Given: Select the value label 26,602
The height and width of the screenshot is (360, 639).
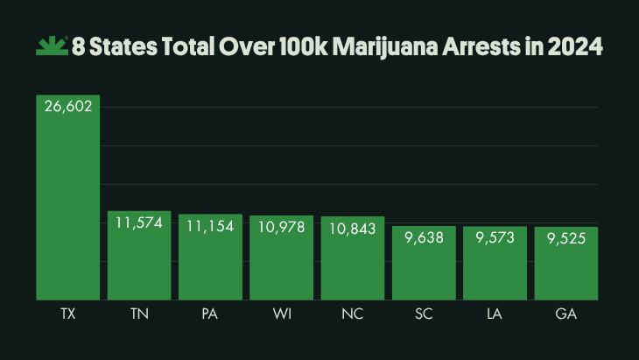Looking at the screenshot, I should tap(67, 106).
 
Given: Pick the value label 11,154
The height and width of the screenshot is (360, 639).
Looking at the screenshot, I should tap(211, 226).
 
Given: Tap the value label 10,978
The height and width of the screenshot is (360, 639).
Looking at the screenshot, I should tap(282, 227).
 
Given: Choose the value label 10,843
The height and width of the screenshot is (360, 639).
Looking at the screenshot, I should tap(353, 228).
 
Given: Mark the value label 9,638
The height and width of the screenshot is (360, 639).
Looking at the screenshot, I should tap(425, 237).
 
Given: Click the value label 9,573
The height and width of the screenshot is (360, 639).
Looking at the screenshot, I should tap(495, 238).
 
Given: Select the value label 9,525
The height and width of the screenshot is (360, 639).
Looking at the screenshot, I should tap(566, 238).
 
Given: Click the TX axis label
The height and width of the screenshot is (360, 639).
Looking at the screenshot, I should tap(67, 314).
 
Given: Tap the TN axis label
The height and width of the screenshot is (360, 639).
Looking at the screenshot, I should tap(139, 314).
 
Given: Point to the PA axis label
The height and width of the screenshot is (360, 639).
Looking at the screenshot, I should tap(211, 314).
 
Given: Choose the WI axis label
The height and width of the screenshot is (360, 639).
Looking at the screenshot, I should tap(282, 314).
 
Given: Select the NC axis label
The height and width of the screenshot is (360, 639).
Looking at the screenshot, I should tap(353, 314).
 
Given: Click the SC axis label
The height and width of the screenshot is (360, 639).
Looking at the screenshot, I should tap(425, 314).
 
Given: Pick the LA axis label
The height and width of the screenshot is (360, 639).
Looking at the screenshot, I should tap(495, 314).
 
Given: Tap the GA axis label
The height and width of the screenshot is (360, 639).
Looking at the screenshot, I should tap(566, 314).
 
